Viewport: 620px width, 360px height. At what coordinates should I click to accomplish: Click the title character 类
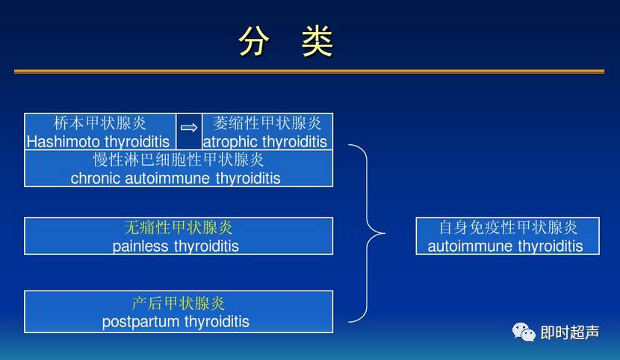pyautogui.click(x=317, y=43)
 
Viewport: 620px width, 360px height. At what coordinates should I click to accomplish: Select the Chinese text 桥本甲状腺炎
pyautogui.click(x=100, y=123)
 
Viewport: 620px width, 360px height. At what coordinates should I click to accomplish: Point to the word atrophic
pyautogui.click(x=230, y=141)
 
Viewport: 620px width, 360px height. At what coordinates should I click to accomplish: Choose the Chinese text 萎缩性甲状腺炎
pyautogui.click(x=267, y=123)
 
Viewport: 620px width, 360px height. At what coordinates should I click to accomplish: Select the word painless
pyautogui.click(x=140, y=246)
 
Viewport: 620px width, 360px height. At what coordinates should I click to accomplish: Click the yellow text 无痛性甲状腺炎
pyautogui.click(x=179, y=228)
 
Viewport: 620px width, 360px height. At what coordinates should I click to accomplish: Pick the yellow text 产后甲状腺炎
pyautogui.click(x=179, y=303)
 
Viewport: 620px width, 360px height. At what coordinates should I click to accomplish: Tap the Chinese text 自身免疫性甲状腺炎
pyautogui.click(x=508, y=228)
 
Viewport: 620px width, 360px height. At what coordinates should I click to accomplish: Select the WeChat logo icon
pyautogui.click(x=523, y=332)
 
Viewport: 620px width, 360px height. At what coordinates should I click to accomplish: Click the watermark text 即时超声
pyautogui.click(x=569, y=333)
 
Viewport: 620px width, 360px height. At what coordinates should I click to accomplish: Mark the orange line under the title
pyautogui.click(x=309, y=71)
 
